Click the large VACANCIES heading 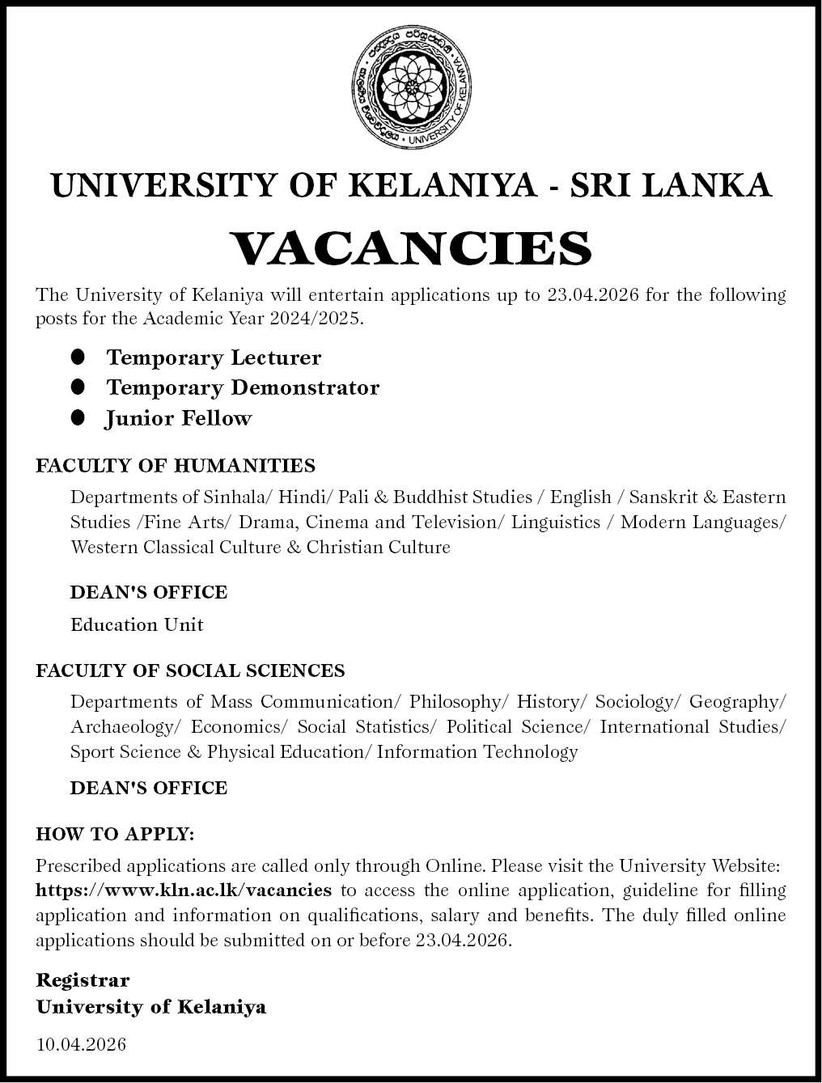point(411,247)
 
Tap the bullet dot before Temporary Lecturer point(78,357)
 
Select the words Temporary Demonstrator point(243,387)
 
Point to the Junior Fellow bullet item point(179,418)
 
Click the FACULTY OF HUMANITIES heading point(176,466)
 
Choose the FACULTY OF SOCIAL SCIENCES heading point(190,671)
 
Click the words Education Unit point(137,624)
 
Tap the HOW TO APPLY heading point(115,833)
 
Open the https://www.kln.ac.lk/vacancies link point(184,891)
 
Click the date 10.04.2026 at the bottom point(81,1045)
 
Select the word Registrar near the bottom point(83,980)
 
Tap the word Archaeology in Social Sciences point(121,726)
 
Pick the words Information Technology point(477,751)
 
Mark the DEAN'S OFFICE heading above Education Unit point(149,592)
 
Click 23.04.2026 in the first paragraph point(593,294)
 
